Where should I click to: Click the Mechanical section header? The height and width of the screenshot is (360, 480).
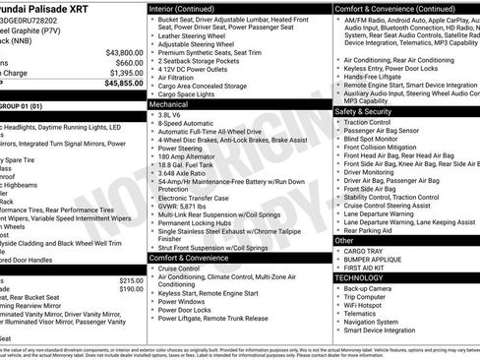pos(168,102)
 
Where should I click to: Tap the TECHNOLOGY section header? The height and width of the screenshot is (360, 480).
pos(358,277)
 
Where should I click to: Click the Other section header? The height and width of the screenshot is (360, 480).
pos(344,240)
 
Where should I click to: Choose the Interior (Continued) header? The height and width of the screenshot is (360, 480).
pos(189,8)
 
